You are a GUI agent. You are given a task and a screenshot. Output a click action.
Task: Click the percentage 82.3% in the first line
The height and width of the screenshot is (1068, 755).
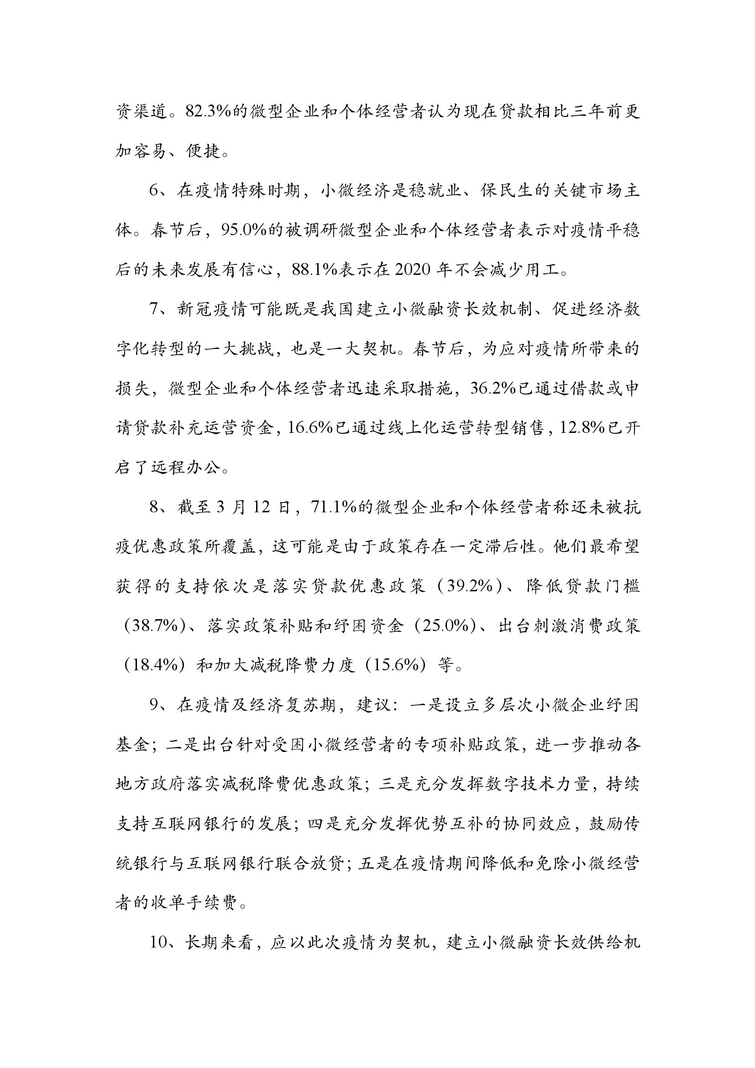point(208,112)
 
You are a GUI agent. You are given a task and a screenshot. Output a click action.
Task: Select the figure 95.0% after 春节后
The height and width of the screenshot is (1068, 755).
point(244,230)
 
